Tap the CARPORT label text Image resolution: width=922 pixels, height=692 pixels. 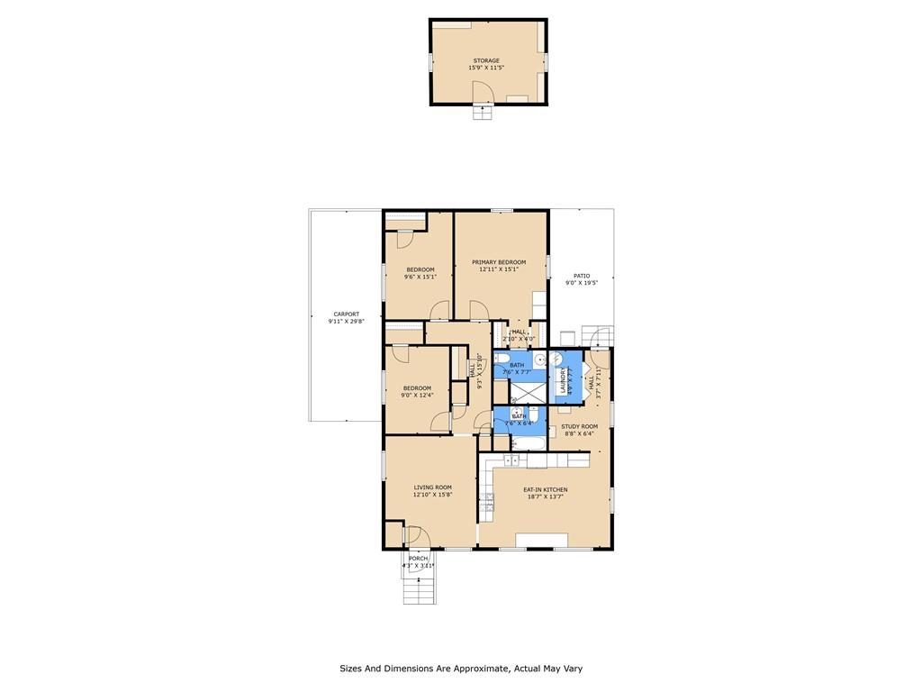tap(346, 314)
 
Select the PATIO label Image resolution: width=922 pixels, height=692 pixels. tap(582, 276)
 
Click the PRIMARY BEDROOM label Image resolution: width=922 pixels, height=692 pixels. tap(499, 262)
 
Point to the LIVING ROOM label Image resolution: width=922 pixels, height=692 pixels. tap(432, 487)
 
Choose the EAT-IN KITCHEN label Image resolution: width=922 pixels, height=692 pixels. tap(546, 490)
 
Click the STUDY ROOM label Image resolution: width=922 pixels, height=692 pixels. tap(579, 426)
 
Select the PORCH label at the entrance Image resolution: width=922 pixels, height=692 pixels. tap(418, 559)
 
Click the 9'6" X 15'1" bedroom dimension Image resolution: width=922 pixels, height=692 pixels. tap(420, 278)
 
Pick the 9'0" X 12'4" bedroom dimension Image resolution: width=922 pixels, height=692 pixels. tap(417, 396)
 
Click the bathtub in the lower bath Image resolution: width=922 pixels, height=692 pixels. tap(523, 443)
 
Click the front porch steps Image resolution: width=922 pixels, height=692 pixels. tap(418, 589)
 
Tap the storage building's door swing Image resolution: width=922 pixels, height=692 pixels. tap(484, 89)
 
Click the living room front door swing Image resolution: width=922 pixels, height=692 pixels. tap(417, 536)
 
